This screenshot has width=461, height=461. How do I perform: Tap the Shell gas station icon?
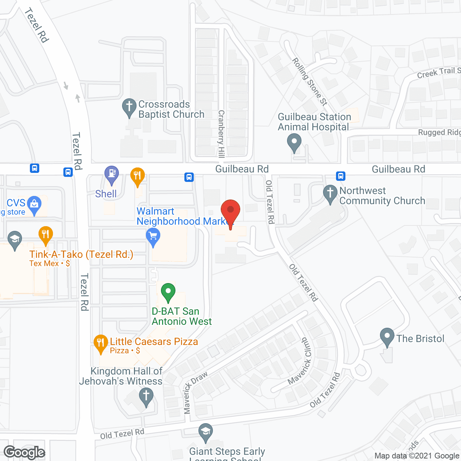[112, 174]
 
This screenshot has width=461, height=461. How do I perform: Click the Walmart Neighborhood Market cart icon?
[153, 237]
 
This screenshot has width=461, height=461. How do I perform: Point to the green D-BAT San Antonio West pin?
[168, 291]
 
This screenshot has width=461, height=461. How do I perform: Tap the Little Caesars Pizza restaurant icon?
[100, 343]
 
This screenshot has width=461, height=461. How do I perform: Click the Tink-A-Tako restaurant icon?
[46, 234]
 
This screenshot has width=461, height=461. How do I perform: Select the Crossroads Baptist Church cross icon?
[129, 107]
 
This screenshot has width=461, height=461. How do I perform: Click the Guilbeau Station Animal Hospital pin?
[294, 142]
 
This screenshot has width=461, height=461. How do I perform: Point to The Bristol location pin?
[387, 336]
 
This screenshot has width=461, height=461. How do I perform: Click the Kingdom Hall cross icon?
[146, 396]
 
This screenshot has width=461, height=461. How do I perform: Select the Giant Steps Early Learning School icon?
[206, 432]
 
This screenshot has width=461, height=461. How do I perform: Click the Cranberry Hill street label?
[221, 134]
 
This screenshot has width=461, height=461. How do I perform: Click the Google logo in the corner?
[24, 452]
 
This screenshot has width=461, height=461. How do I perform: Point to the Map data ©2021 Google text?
[417, 456]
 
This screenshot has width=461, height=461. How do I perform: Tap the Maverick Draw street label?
[195, 392]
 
